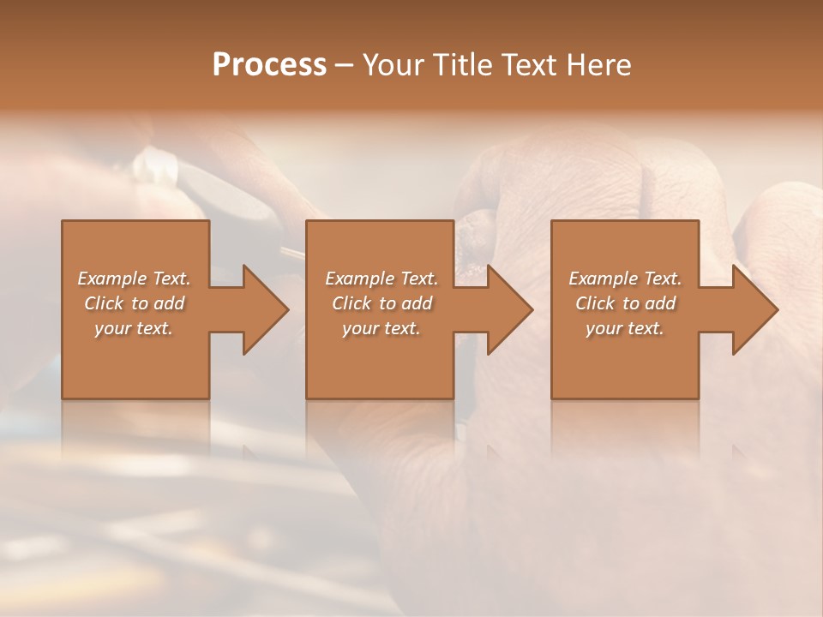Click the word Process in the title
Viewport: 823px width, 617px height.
(x=269, y=65)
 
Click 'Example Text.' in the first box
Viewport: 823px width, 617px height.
(x=135, y=279)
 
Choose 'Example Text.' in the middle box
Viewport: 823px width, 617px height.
(x=381, y=279)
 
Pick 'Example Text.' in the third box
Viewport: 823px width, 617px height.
(x=625, y=279)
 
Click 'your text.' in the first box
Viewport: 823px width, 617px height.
(x=135, y=328)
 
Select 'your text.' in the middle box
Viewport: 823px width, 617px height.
(x=381, y=328)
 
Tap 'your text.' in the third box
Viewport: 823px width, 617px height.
(x=625, y=328)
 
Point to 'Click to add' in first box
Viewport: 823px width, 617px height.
(x=135, y=303)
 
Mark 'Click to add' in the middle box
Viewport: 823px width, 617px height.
(x=381, y=303)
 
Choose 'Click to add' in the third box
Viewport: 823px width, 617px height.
(x=625, y=303)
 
